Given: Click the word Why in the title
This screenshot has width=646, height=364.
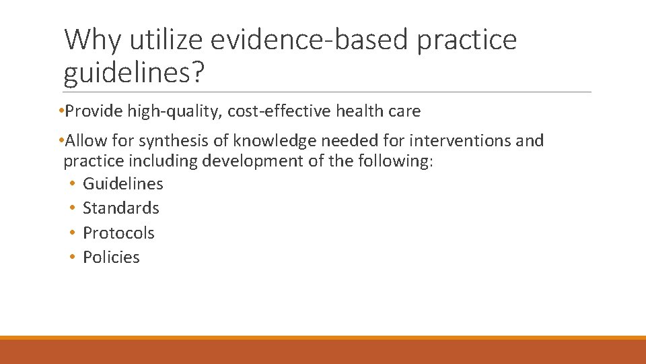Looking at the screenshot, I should (x=92, y=40).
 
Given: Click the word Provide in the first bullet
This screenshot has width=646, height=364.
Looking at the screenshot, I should (x=90, y=111).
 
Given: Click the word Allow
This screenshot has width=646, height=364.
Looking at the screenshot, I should (x=85, y=141).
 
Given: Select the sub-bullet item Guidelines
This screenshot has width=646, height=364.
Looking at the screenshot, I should (x=122, y=183).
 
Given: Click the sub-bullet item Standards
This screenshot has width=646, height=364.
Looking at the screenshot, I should (x=120, y=208).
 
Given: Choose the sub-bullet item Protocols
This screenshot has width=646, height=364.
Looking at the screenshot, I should (x=118, y=233).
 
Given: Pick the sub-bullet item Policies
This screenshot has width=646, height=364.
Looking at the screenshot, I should (x=111, y=257).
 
